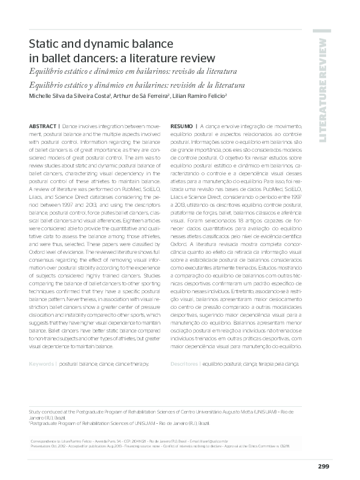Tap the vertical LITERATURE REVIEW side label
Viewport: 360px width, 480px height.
tap(322, 91)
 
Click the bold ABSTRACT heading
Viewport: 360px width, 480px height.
tap(44, 125)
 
